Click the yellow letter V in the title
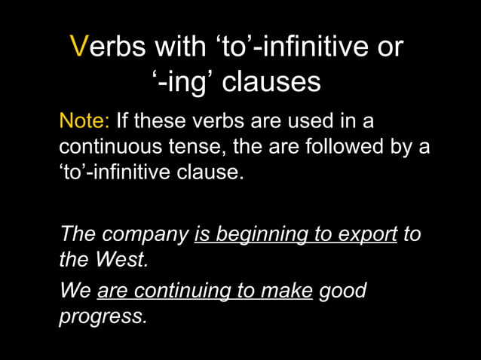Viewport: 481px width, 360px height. (79, 47)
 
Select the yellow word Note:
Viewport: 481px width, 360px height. (84, 121)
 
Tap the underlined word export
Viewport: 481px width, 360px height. (369, 235)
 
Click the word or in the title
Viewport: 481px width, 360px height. (391, 47)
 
